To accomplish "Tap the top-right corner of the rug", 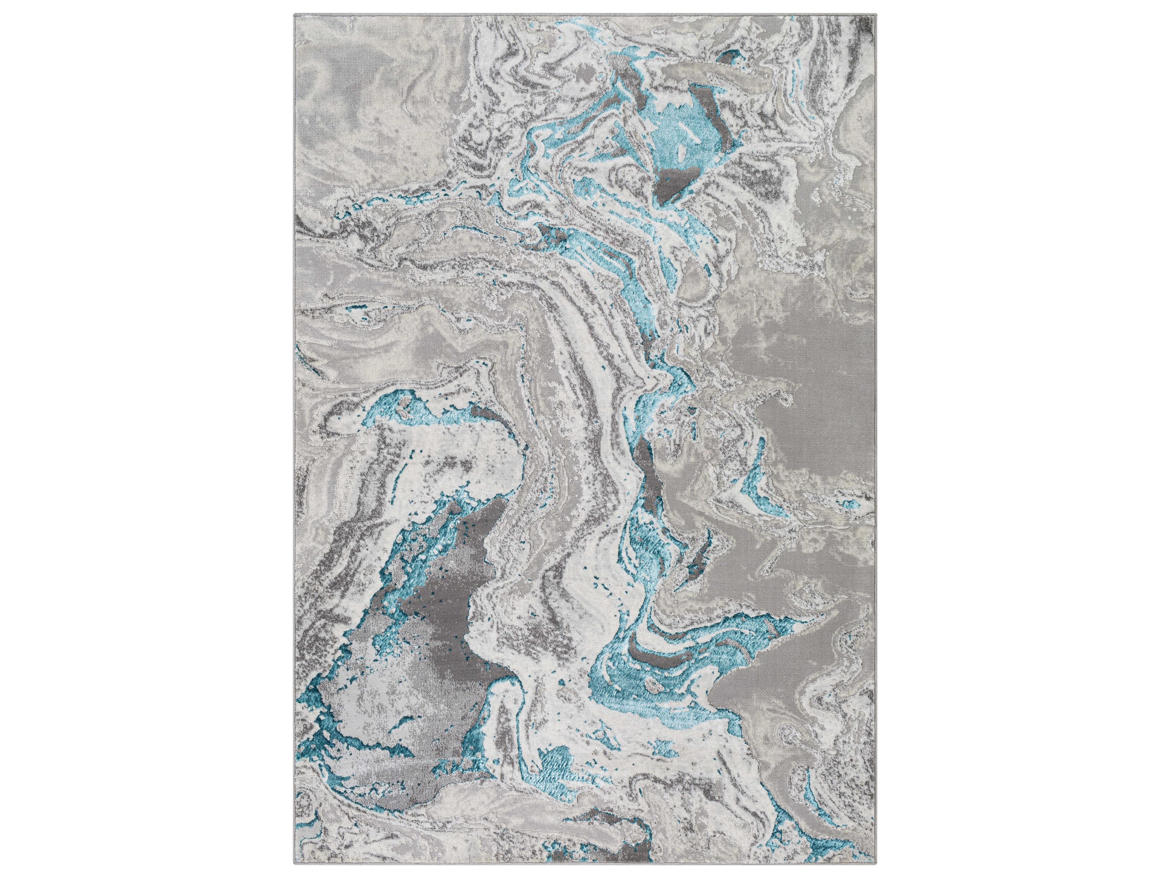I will pos(875,13).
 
